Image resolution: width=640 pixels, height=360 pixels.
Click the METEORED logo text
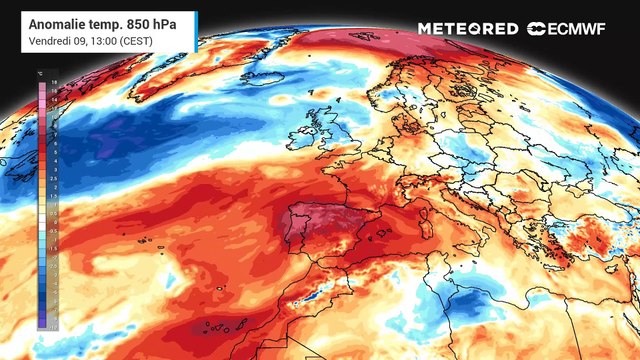[x=467, y=29]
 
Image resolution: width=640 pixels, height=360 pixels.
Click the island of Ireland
[x=301, y=139]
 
